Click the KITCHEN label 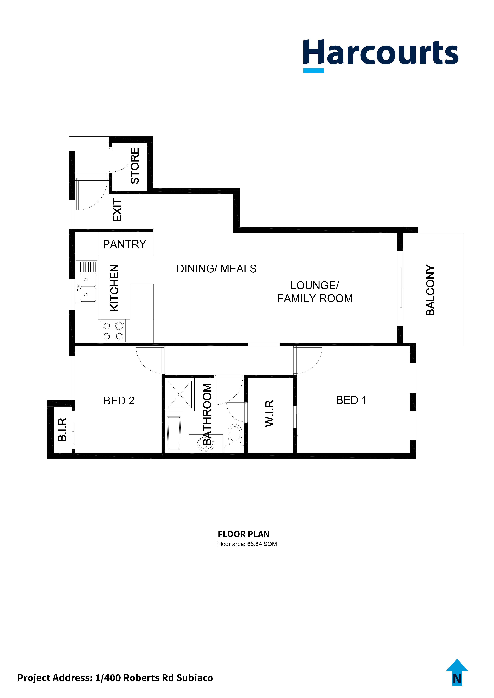tap(114, 288)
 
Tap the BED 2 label tap(119, 401)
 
